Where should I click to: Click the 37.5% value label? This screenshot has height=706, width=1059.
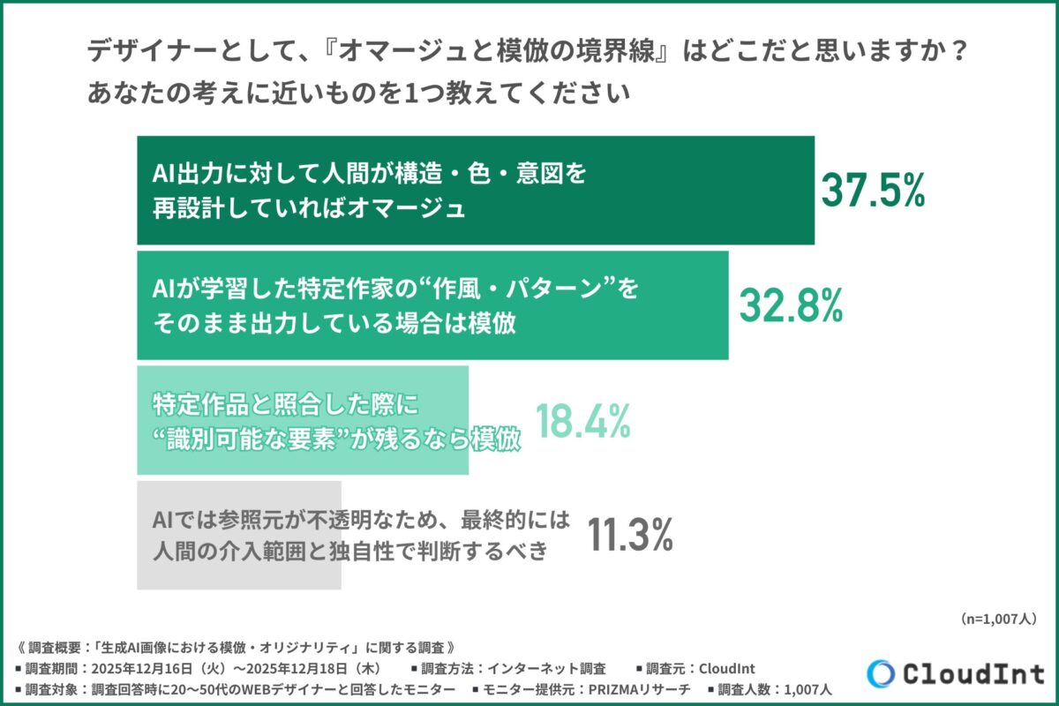[872, 190]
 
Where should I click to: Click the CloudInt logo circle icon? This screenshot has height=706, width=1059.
[882, 673]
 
